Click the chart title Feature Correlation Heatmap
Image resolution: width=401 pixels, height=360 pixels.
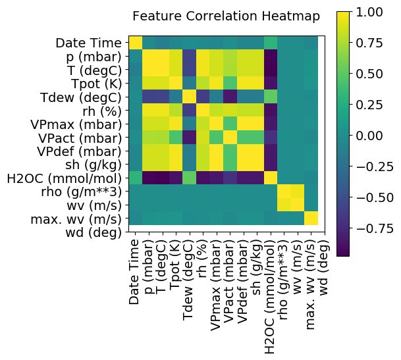[x=226, y=16]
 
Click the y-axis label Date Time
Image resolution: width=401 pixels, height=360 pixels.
[x=88, y=43]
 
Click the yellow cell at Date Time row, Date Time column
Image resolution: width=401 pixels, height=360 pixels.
[x=136, y=43]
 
